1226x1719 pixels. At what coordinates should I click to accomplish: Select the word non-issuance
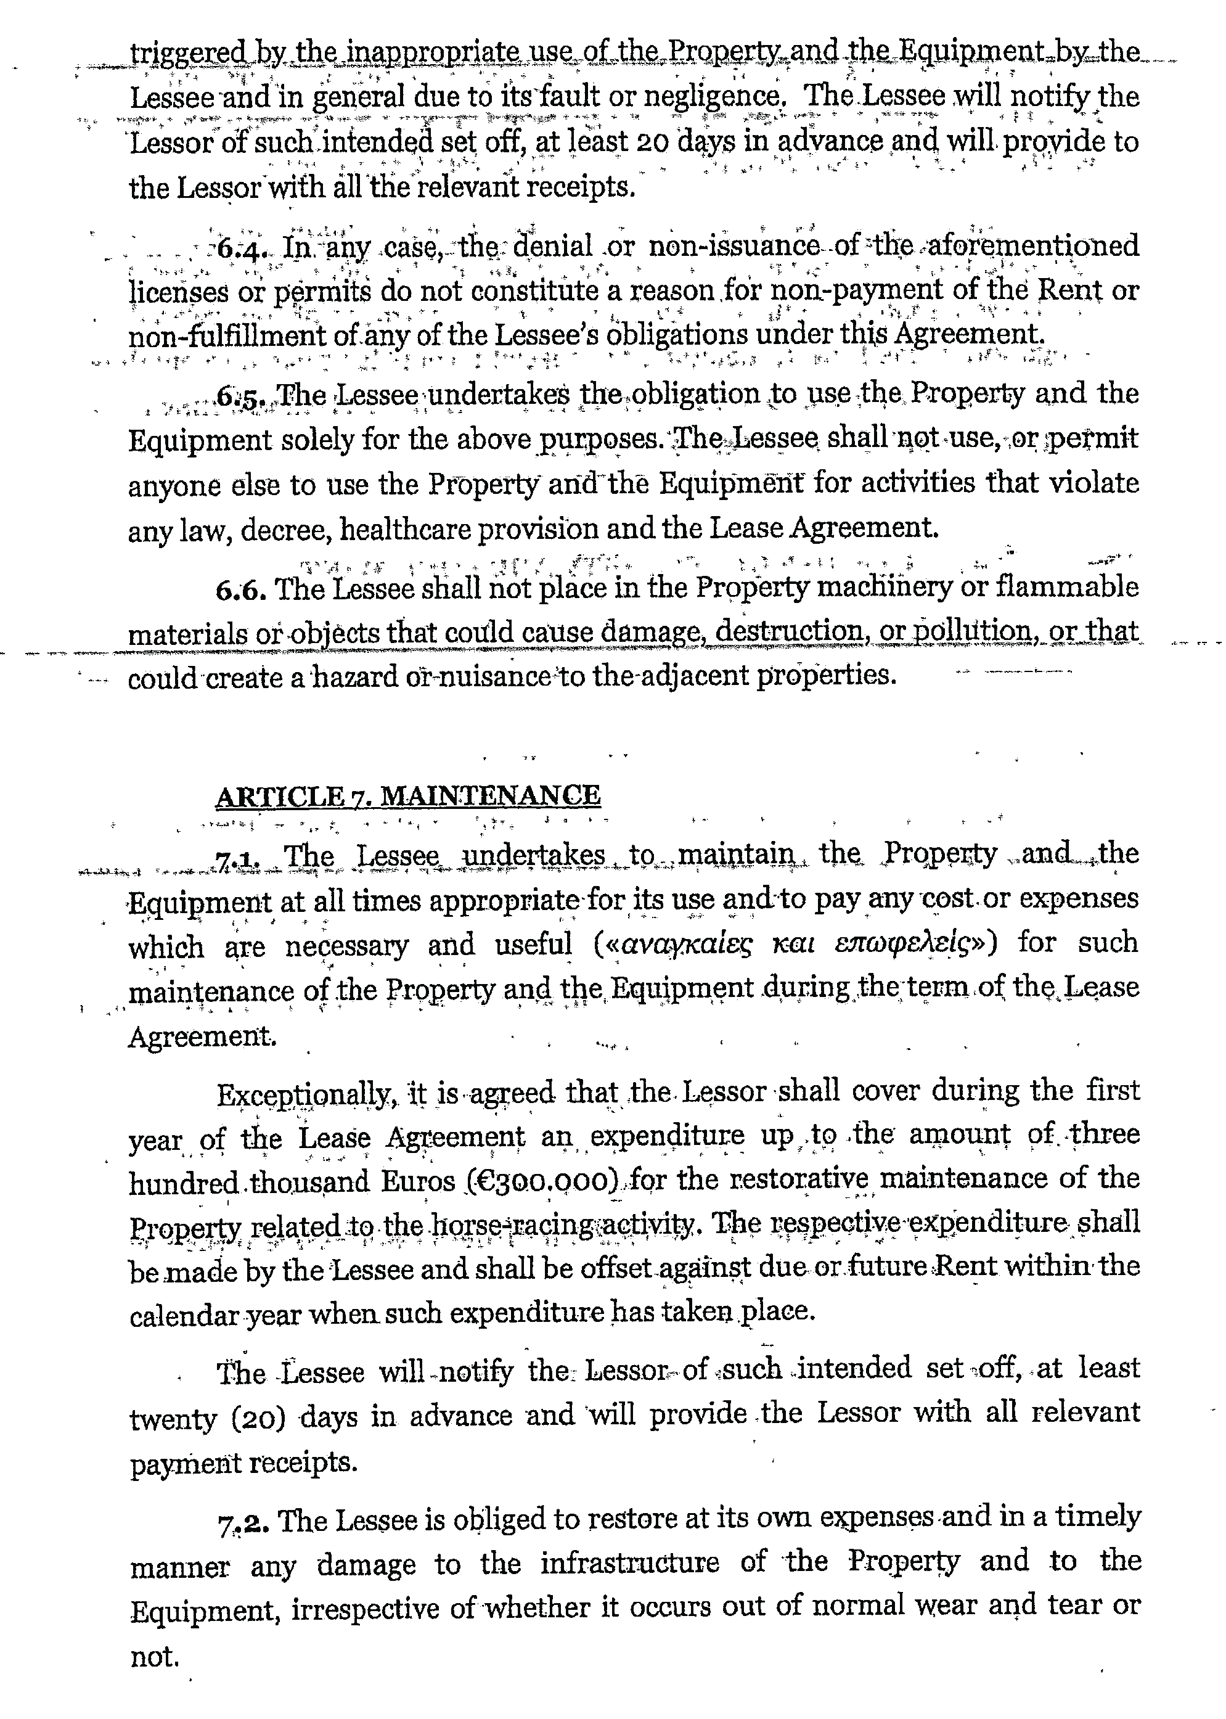pyautogui.click(x=733, y=247)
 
